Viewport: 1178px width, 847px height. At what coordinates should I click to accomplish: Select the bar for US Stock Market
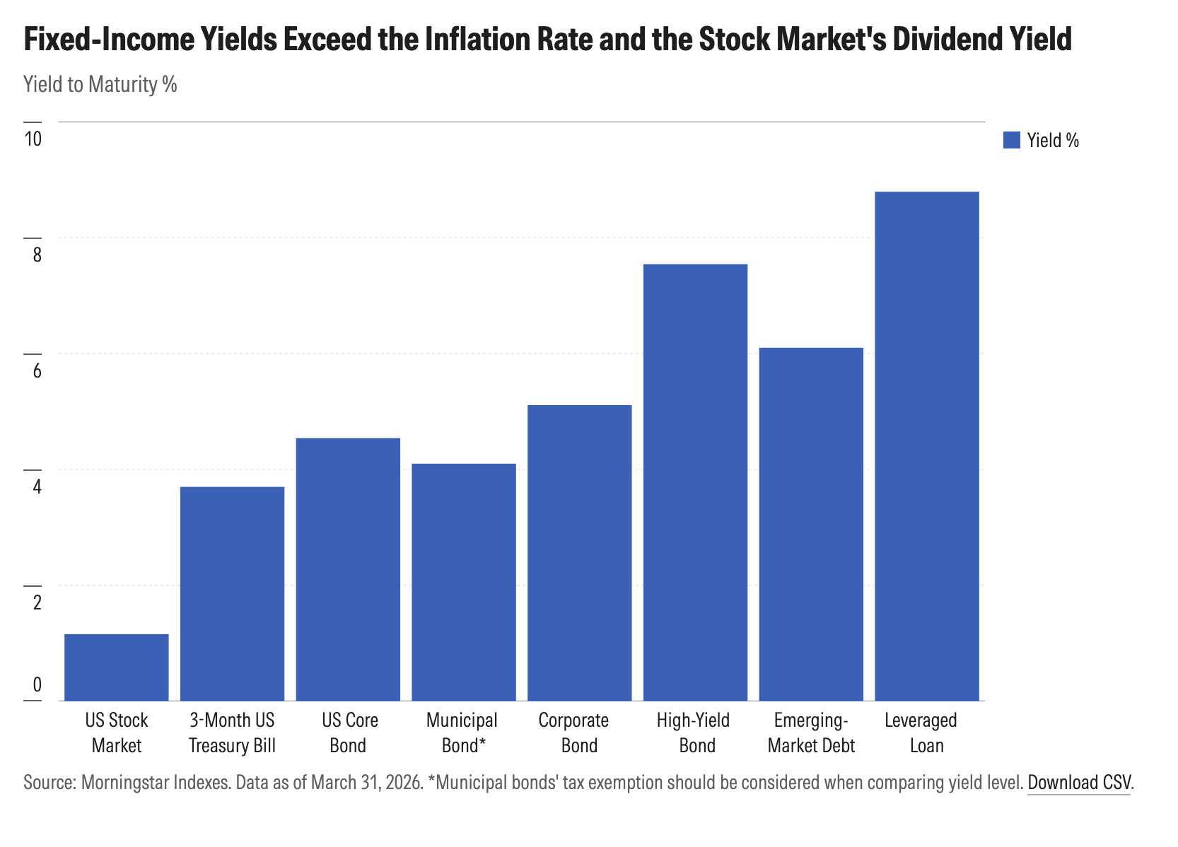pyautogui.click(x=117, y=667)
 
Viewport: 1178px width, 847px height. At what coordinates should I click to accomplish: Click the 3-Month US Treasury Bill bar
pyautogui.click(x=232, y=594)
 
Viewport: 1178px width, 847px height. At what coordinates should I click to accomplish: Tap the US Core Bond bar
pyautogui.click(x=348, y=569)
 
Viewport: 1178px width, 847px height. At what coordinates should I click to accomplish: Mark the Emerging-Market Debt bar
pyautogui.click(x=811, y=524)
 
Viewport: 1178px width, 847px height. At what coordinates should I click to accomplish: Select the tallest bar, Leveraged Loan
pyautogui.click(x=927, y=446)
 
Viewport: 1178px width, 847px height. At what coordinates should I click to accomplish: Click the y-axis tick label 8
pyautogui.click(x=37, y=255)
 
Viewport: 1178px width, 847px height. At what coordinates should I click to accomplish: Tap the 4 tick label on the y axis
pyautogui.click(x=37, y=486)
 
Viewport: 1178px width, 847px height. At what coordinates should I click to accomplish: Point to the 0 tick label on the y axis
pyautogui.click(x=37, y=684)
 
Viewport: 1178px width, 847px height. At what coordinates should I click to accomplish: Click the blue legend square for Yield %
pyautogui.click(x=1012, y=140)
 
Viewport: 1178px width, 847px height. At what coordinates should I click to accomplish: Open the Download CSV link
pyautogui.click(x=1079, y=783)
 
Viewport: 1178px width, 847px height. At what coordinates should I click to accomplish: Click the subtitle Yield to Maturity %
pyautogui.click(x=100, y=84)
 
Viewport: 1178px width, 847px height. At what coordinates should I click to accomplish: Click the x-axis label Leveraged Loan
pyautogui.click(x=921, y=732)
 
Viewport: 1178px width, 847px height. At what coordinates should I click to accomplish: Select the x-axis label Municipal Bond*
pyautogui.click(x=462, y=732)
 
